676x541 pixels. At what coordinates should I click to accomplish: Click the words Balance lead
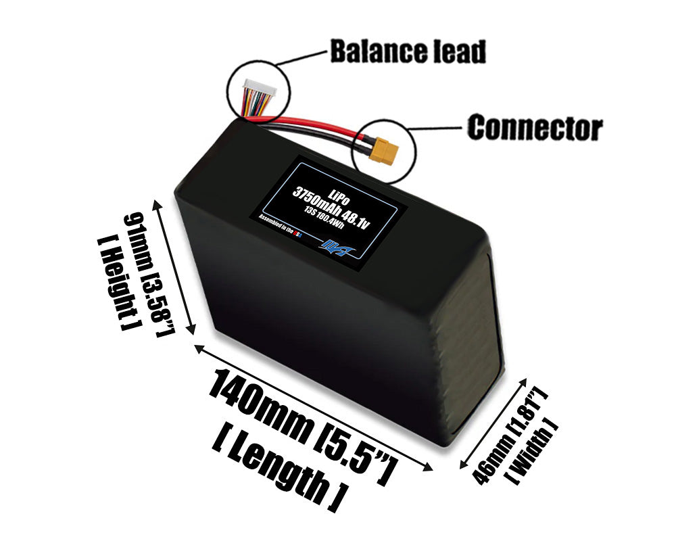[x=408, y=51]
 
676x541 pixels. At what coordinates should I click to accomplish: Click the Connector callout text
[x=535, y=128]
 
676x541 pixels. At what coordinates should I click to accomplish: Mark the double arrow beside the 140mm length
[x=314, y=406]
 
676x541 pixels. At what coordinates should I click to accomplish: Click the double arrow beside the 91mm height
[x=177, y=267]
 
